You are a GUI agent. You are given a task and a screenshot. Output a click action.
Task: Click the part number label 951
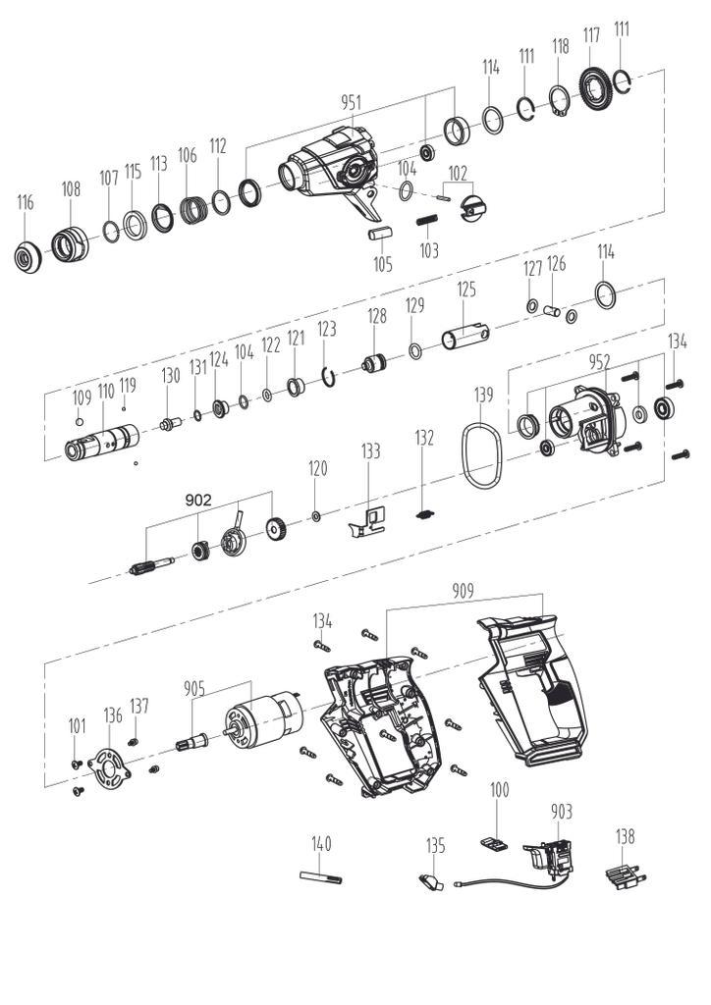(351, 102)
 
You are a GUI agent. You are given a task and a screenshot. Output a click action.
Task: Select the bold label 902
(198, 500)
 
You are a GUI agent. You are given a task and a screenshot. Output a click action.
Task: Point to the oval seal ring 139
(481, 455)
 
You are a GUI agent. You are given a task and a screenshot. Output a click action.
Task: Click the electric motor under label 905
(262, 719)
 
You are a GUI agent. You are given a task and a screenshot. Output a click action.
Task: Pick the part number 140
(321, 843)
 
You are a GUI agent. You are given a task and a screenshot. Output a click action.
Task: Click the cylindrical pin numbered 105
(381, 233)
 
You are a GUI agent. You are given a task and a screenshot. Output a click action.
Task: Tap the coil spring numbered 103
(427, 221)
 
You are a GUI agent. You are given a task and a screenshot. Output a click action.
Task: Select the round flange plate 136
(109, 765)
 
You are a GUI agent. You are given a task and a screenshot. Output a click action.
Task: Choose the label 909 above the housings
(463, 590)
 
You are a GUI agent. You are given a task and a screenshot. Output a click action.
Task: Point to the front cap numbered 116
(27, 256)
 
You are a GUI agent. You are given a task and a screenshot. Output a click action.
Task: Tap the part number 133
(370, 451)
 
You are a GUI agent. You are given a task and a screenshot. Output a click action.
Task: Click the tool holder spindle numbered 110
(102, 441)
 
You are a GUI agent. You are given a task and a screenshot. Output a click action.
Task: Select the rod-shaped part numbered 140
(320, 876)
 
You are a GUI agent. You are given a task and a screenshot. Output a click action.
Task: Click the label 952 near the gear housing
(599, 362)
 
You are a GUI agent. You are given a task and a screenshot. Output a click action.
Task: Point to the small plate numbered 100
(494, 843)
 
